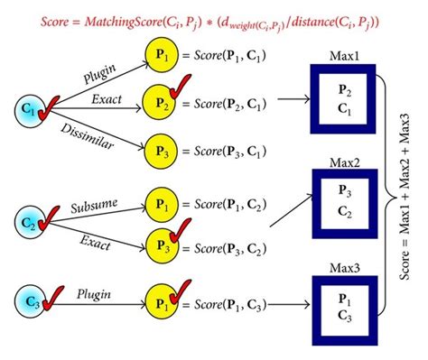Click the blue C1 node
coord(28,111)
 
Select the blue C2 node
coord(28,219)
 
